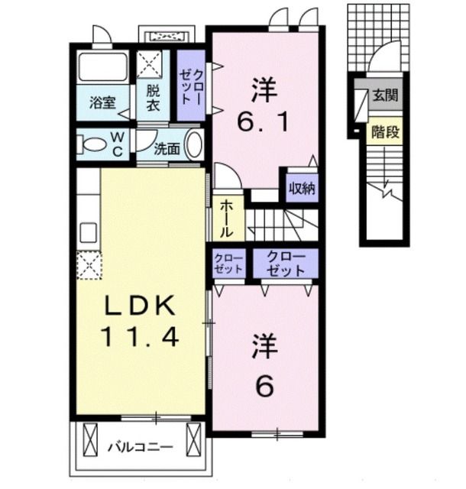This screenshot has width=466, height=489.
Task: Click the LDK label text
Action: point(140,306)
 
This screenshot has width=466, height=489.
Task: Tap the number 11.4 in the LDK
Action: point(140,336)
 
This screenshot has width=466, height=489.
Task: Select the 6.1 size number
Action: point(263,122)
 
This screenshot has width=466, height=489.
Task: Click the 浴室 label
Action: point(102,102)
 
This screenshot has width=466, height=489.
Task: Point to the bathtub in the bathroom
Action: point(103,67)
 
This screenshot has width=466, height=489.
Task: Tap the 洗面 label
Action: point(167,150)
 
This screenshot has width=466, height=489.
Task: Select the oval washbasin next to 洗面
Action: point(194,144)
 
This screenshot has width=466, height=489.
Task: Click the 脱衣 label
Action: point(153,99)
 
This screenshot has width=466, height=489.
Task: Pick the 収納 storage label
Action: point(303,189)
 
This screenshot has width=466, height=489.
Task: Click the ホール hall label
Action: point(227,219)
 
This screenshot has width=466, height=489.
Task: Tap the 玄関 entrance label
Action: point(386,95)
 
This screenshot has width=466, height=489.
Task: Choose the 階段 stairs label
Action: point(386,132)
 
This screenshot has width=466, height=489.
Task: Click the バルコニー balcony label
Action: point(141,448)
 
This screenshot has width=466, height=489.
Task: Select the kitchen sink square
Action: point(89,232)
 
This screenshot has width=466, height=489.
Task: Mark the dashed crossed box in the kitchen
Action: point(89,265)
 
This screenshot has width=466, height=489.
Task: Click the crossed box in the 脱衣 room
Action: point(150,63)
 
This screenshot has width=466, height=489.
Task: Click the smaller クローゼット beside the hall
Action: point(228,264)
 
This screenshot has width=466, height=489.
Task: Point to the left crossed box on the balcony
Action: point(90,440)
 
